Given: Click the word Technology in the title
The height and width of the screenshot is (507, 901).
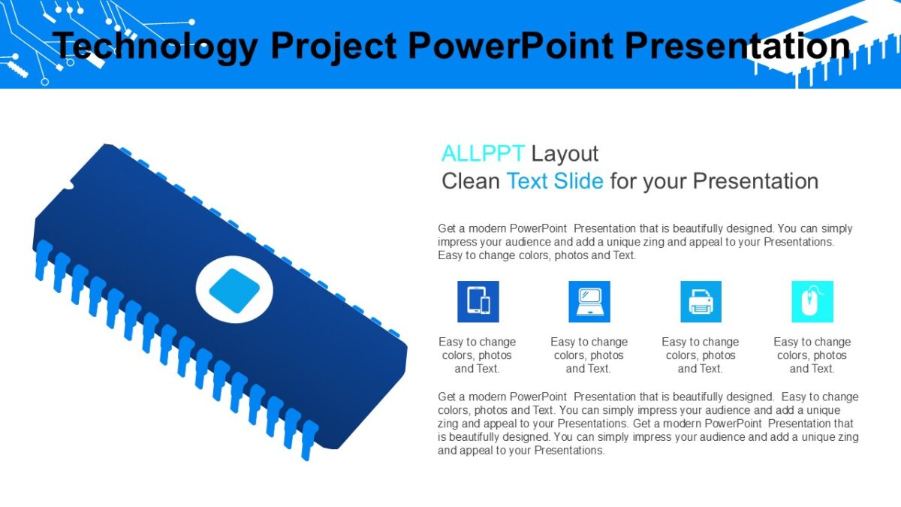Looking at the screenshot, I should [154, 47].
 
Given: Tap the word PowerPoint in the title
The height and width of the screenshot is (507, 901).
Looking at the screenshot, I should [508, 47].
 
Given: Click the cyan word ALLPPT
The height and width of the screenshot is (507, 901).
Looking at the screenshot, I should [482, 153].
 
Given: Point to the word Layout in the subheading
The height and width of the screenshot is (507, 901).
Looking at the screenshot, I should [565, 153].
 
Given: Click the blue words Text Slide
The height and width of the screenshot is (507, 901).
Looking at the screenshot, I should [554, 181].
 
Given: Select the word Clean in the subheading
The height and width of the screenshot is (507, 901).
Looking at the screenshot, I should [470, 181].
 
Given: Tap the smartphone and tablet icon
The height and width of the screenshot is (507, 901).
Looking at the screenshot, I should [478, 302].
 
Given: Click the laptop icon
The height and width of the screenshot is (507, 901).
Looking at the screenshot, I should [589, 302].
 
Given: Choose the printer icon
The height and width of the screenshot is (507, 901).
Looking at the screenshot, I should [701, 302].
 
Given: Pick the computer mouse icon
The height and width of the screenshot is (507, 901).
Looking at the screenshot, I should [812, 302].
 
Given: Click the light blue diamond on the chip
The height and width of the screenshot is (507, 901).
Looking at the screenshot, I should [234, 291].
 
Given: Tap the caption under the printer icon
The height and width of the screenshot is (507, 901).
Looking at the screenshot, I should [700, 355].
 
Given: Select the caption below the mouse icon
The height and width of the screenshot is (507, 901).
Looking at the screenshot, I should [812, 355].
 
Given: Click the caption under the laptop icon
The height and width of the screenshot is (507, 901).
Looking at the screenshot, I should [589, 355].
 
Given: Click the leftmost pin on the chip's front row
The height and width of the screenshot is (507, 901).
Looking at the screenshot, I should [43, 259].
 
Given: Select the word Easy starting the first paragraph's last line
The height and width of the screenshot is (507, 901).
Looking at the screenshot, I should [450, 255].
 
